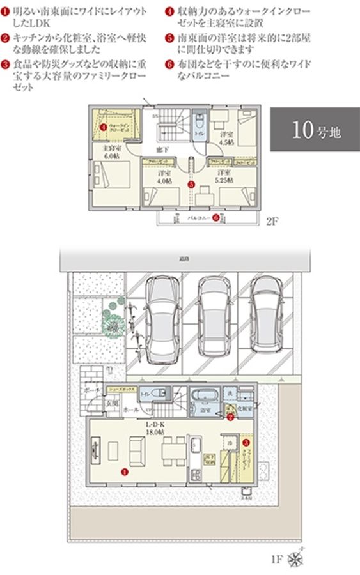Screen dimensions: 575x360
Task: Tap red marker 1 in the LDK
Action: coord(123,471)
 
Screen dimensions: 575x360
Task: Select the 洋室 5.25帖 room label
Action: coord(223,176)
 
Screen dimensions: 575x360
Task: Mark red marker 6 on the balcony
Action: coord(216,217)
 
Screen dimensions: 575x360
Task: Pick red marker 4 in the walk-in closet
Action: coord(103,126)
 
